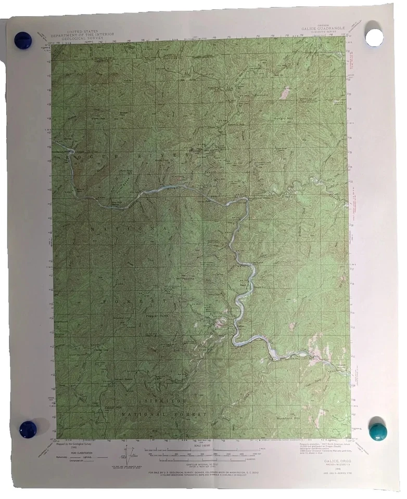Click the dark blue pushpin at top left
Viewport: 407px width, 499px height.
click(22, 40)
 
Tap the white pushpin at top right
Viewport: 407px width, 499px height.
click(374, 36)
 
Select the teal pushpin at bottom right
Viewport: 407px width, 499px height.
click(377, 431)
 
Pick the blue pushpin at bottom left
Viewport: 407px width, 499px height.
click(28, 429)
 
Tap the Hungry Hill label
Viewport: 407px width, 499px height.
click(284, 119)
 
